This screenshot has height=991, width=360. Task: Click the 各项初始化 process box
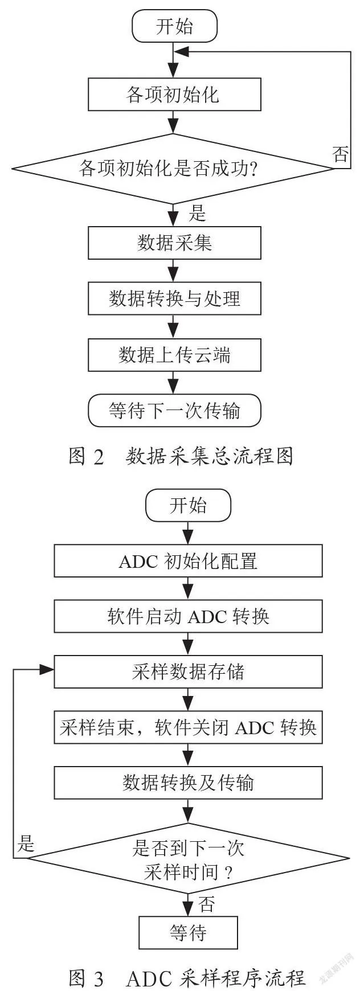(x=174, y=94)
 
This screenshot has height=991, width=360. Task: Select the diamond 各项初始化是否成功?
(x=173, y=169)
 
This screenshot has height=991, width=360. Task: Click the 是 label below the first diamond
(x=197, y=214)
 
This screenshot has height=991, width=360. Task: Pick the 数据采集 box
(x=174, y=243)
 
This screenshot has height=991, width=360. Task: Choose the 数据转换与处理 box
(x=174, y=298)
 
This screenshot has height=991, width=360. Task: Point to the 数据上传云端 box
(x=174, y=355)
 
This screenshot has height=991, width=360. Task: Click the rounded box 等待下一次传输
(x=174, y=411)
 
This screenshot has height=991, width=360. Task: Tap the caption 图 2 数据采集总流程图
(x=181, y=456)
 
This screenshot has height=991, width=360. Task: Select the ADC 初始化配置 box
(x=188, y=561)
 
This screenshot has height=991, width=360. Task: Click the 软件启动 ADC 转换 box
(x=188, y=616)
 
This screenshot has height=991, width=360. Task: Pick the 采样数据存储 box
(x=188, y=671)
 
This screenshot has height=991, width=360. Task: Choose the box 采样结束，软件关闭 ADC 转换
(x=188, y=727)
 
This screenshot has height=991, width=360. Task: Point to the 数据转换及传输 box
(x=188, y=783)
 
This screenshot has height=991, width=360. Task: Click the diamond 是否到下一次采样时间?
(x=188, y=858)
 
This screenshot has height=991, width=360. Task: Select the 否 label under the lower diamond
(x=207, y=904)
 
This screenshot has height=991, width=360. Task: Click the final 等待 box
(x=188, y=932)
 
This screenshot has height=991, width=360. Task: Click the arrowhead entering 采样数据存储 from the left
(x=47, y=670)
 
